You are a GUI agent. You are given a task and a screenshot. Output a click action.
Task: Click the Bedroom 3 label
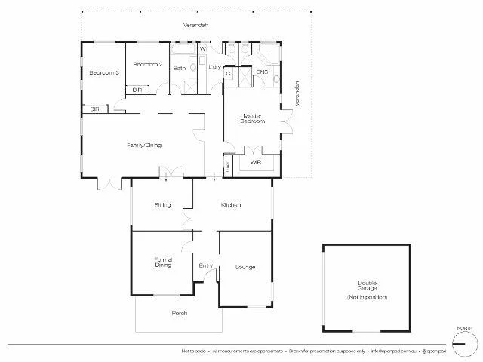(104, 72)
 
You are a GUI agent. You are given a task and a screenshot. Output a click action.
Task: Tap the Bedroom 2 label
(148, 65)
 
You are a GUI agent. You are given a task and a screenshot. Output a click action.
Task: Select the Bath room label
(180, 69)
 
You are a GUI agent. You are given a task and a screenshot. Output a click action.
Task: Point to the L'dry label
(214, 69)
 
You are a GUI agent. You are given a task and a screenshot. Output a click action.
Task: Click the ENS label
(262, 72)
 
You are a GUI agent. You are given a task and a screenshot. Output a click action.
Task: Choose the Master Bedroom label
(252, 118)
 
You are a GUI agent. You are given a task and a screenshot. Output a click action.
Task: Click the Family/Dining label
(143, 146)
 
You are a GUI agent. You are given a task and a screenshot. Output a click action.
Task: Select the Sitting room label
(162, 205)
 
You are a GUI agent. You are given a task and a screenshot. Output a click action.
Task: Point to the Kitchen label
(230, 205)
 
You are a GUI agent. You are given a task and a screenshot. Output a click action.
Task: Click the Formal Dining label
(163, 262)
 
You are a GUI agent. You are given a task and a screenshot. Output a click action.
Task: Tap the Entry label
(205, 266)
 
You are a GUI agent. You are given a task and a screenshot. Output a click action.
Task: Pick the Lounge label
(245, 267)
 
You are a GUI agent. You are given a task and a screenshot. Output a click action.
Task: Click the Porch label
(179, 313)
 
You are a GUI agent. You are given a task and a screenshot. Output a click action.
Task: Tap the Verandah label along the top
(195, 26)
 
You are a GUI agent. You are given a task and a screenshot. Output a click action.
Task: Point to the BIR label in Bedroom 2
(137, 90)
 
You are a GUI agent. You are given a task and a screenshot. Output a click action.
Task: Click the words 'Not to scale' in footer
(192, 351)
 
